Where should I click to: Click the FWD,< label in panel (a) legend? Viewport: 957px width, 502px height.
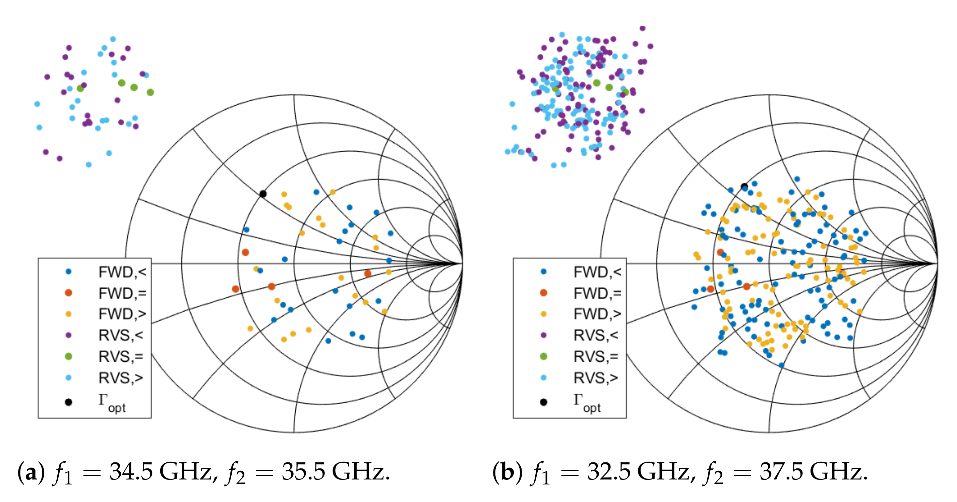coord(122,272)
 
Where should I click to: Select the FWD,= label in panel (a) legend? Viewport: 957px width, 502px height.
coord(122,293)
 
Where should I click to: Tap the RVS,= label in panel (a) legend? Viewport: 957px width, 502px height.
coord(121,357)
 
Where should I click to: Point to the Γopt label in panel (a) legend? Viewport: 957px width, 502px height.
coord(112,403)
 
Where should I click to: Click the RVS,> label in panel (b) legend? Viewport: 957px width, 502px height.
coord(596,378)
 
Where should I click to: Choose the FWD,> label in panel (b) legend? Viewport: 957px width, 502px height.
coord(597,314)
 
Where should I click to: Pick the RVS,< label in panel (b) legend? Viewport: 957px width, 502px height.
coord(596,336)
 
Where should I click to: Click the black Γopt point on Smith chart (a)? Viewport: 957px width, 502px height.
coord(263,194)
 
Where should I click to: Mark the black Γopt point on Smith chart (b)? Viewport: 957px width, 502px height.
coord(744,186)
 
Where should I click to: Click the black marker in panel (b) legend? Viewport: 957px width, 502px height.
coord(543,402)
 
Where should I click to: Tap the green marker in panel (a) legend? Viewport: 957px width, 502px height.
coord(68,357)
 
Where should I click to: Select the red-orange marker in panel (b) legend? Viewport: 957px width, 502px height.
coord(543,293)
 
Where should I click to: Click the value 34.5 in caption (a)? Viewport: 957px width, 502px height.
coord(131,471)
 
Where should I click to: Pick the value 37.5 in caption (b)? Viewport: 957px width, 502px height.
coord(781,471)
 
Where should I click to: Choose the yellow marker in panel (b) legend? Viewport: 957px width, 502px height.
coord(543,314)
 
